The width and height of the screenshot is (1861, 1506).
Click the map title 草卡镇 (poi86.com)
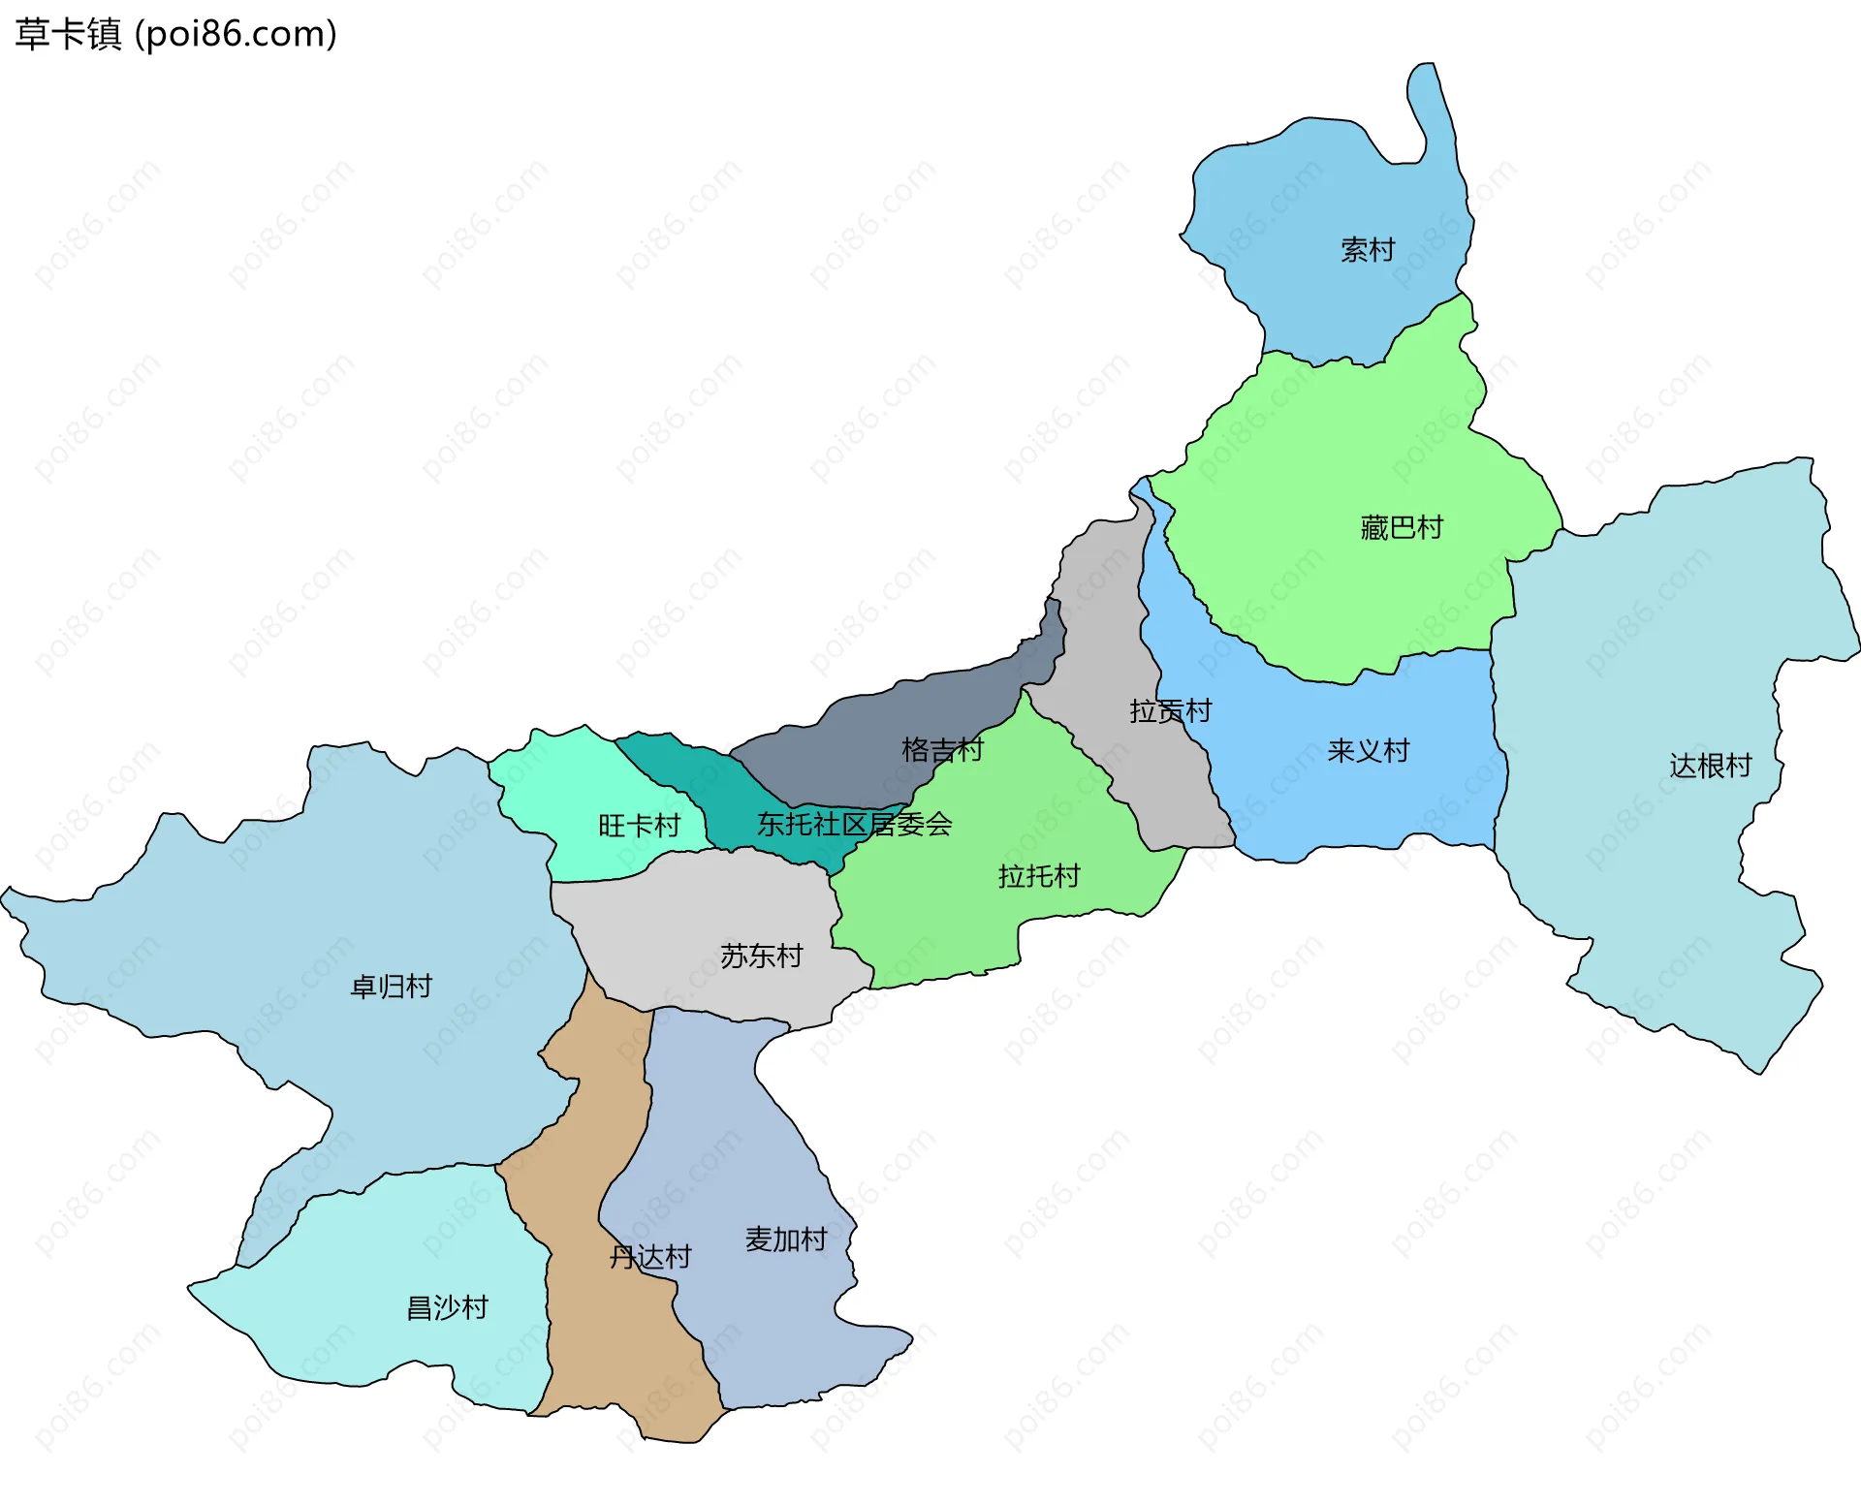(x=175, y=34)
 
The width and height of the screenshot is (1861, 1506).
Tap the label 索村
(x=1367, y=250)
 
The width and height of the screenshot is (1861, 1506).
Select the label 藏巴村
(x=1402, y=527)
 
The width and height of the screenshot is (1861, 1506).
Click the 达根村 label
(x=1710, y=766)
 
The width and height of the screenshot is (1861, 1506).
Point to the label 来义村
(x=1368, y=750)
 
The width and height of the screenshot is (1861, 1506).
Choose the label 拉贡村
(x=1170, y=710)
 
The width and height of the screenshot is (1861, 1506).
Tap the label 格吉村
(x=942, y=749)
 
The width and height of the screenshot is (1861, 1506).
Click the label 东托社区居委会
(x=854, y=824)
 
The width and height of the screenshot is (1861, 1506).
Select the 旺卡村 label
(x=639, y=826)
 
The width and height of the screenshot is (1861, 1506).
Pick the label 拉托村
(x=1039, y=876)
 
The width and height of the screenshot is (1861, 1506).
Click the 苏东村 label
(x=761, y=957)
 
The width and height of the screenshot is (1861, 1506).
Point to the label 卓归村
(x=391, y=987)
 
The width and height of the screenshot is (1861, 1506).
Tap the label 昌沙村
(x=447, y=1307)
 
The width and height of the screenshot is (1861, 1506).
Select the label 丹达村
(x=649, y=1257)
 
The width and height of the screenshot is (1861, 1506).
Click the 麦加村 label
(x=785, y=1239)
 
